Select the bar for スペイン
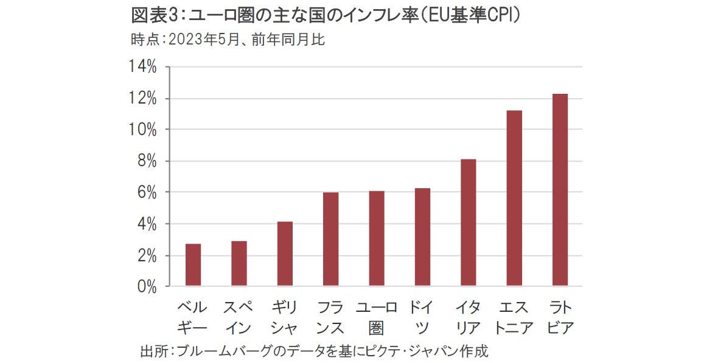[x=239, y=264]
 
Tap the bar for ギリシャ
[x=285, y=254]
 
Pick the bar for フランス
[x=330, y=239]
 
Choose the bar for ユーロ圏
[x=377, y=239]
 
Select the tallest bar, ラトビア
[x=560, y=190]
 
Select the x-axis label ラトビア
[x=560, y=317]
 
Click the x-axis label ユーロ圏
[x=377, y=317]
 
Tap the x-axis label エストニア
[x=514, y=317]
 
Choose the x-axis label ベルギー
[x=193, y=317]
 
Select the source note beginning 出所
[x=314, y=351]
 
